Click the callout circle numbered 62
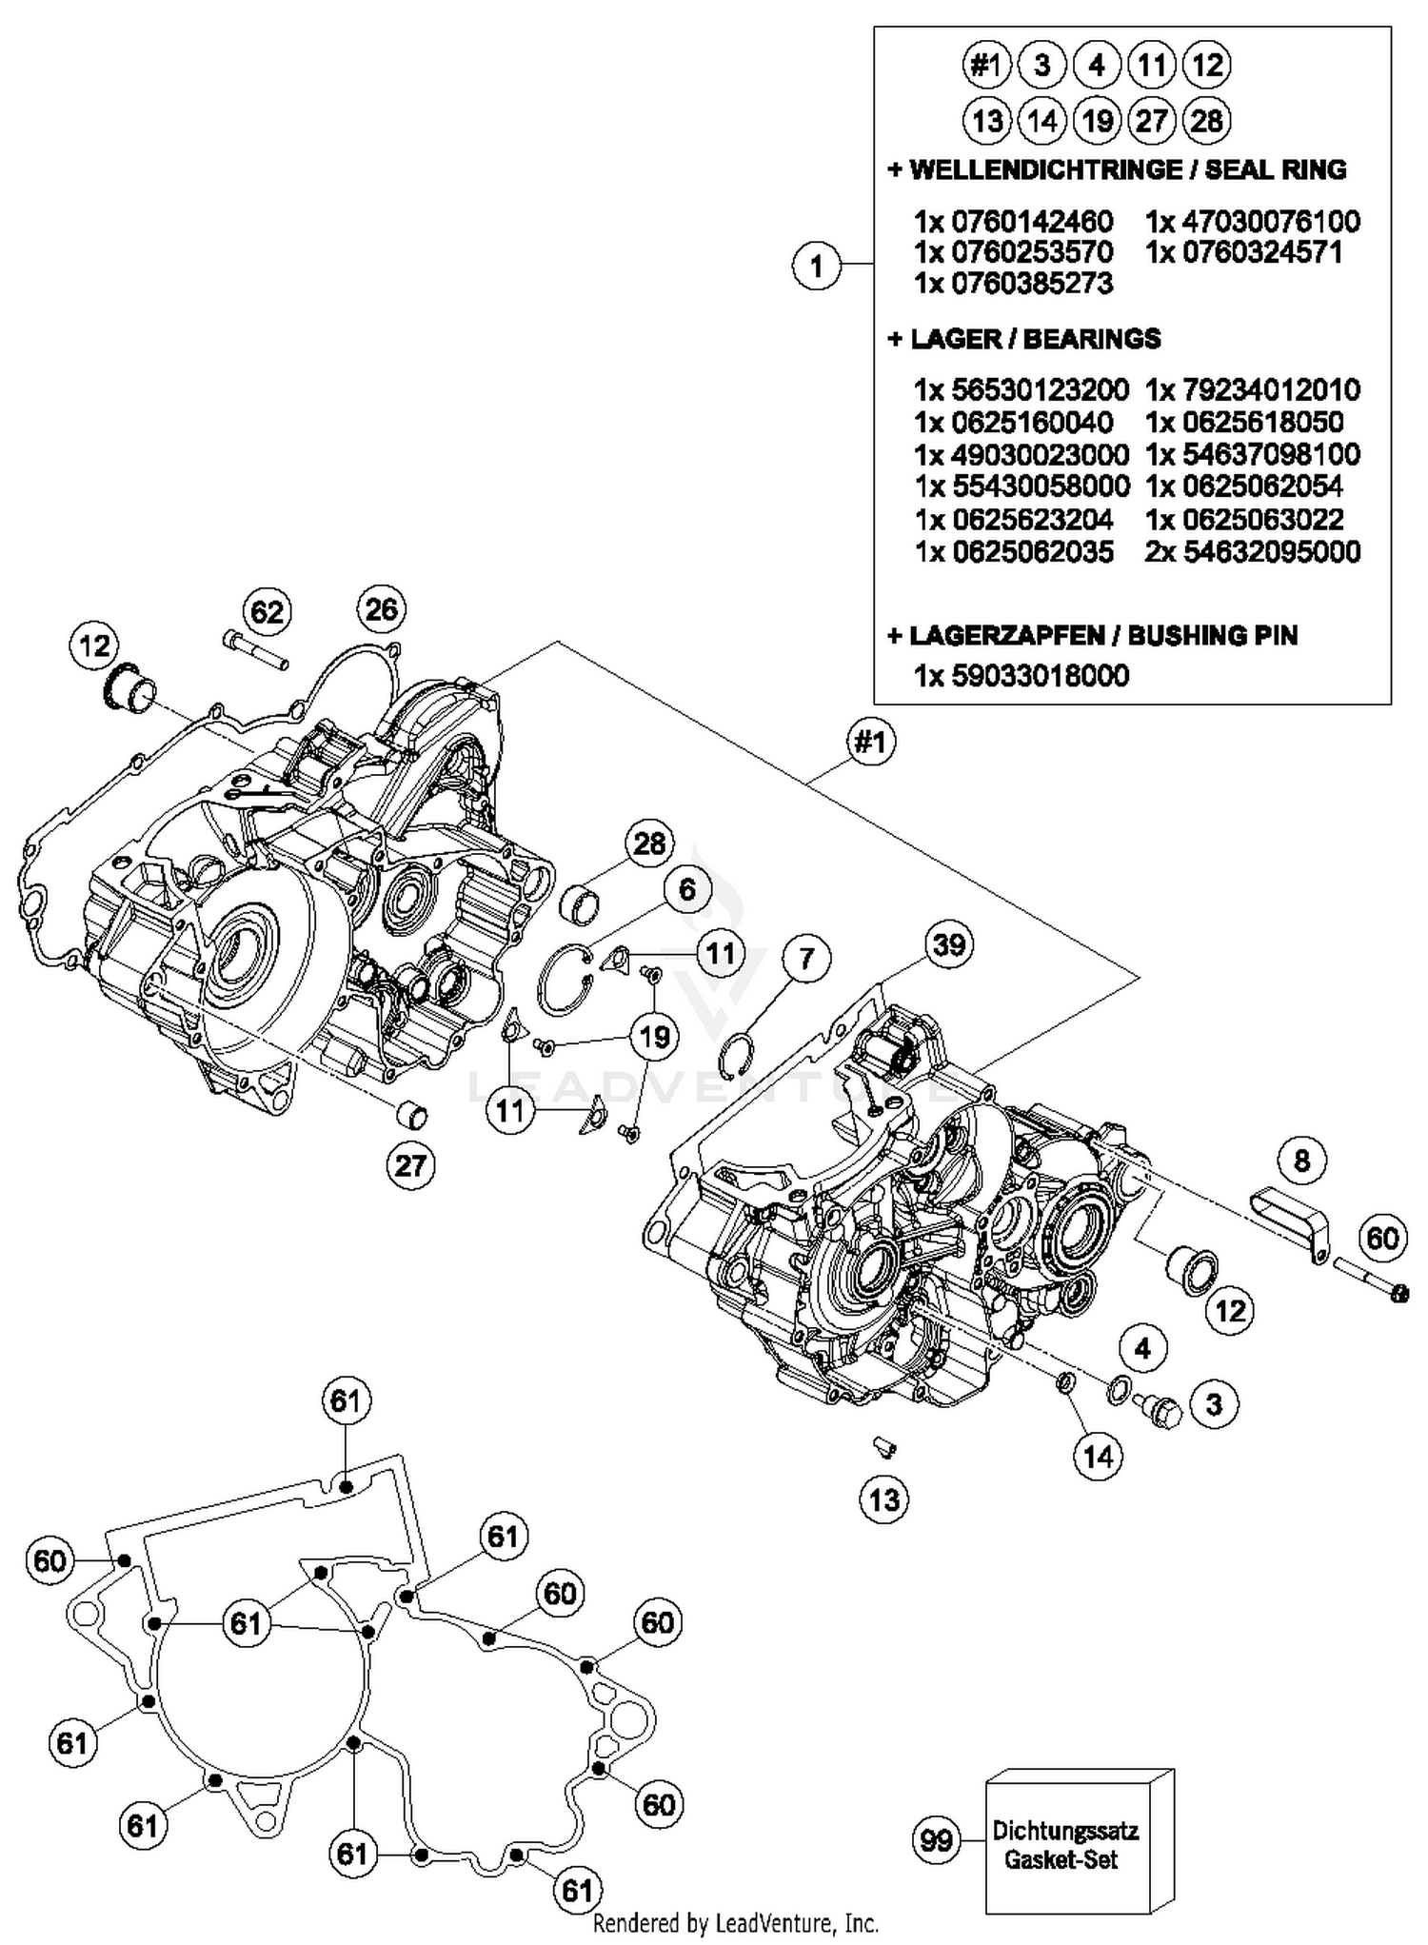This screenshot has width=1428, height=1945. click(x=267, y=611)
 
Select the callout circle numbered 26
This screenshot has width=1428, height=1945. click(x=381, y=609)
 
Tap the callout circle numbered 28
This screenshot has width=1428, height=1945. click(x=649, y=843)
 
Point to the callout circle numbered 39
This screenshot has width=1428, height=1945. click(x=948, y=944)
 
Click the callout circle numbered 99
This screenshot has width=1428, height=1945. click(x=936, y=1840)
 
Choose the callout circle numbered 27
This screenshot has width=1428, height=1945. click(x=410, y=1165)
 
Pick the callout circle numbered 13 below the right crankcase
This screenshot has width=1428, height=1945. click(x=884, y=1500)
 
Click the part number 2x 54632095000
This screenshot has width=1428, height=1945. click(x=1252, y=552)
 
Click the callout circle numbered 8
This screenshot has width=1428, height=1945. click(x=1301, y=1160)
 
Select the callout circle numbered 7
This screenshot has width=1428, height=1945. click(x=806, y=958)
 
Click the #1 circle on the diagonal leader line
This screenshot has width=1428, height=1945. click(x=870, y=741)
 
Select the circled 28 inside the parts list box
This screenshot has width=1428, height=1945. click(x=1206, y=121)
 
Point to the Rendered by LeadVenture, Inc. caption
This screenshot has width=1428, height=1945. click(x=736, y=1924)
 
